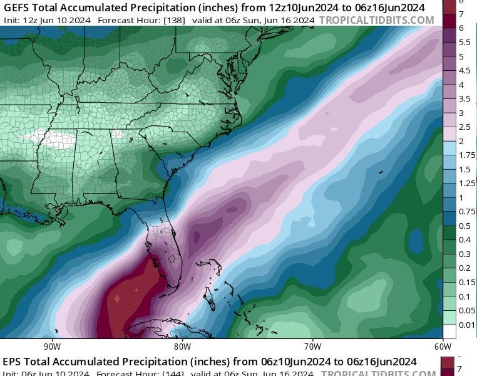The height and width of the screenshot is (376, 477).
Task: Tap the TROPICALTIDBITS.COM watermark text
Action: pos(376,20)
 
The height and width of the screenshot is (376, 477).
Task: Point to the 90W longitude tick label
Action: pos(52,346)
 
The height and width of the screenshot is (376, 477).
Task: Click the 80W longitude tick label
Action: pos(182,346)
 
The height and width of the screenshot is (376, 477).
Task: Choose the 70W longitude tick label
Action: pos(312,346)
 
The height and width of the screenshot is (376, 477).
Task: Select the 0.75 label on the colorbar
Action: pos(464,211)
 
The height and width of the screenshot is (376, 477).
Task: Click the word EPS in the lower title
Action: pos(13,362)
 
